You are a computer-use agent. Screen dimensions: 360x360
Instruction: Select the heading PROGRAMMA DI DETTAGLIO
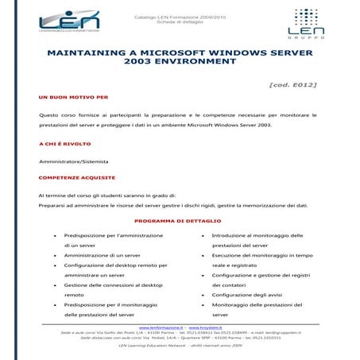pos(177,220)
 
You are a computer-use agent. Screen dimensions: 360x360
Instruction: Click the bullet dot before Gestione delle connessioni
pos(54,285)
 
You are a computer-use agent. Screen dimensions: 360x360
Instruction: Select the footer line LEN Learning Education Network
pos(180,346)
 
